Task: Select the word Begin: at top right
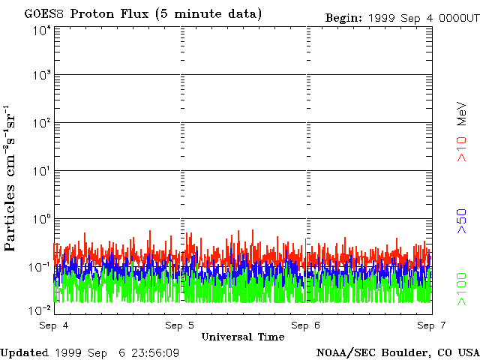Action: coord(343,17)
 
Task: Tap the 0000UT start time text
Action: coord(457,17)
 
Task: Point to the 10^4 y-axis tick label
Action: coord(41,31)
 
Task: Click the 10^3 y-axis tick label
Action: coord(41,75)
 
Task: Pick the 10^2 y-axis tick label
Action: coord(41,123)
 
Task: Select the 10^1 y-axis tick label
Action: coord(41,171)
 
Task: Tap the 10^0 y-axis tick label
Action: coord(41,219)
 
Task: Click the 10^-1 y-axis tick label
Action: coord(40,267)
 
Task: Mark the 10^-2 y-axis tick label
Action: coord(40,309)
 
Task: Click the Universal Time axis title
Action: coord(243,337)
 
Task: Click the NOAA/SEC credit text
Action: coord(355,352)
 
